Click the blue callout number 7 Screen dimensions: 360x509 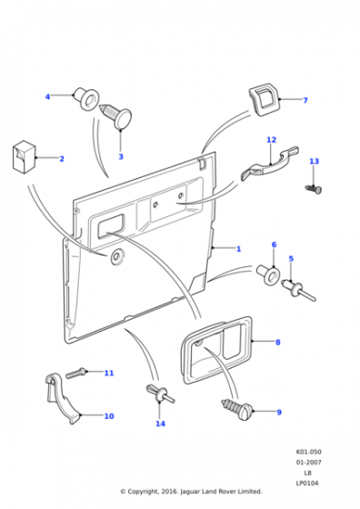pyautogui.click(x=305, y=100)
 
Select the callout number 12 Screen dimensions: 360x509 pyautogui.click(x=272, y=140)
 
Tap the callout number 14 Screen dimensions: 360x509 pyautogui.click(x=160, y=424)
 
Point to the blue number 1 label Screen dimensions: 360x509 pyautogui.click(x=238, y=249)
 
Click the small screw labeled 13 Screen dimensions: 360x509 pyautogui.click(x=314, y=188)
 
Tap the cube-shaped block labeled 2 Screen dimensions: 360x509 pyautogui.click(x=25, y=157)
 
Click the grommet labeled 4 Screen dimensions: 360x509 pyautogui.click(x=86, y=97)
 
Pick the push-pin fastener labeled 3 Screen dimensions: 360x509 pyautogui.click(x=116, y=117)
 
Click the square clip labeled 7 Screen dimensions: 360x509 pyautogui.click(x=265, y=99)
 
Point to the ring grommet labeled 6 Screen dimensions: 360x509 pyautogui.click(x=269, y=275)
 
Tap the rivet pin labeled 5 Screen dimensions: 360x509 pyautogui.click(x=298, y=290)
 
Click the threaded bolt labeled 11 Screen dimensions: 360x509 pyautogui.click(x=76, y=374)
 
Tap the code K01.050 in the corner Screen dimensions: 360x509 pyautogui.click(x=308, y=452)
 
